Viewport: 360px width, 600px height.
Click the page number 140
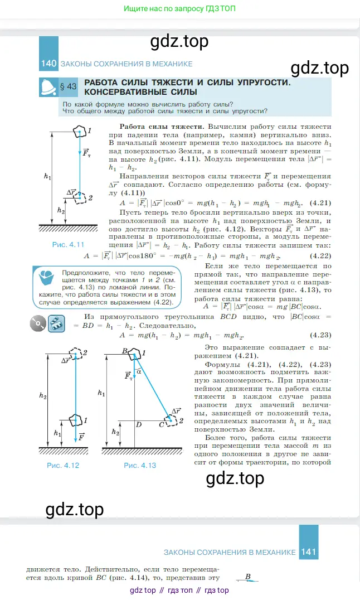pos(49,64)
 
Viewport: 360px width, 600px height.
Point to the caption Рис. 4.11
pos(68,244)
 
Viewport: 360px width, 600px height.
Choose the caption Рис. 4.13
pos(139,464)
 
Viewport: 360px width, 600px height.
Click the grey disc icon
pos(38,323)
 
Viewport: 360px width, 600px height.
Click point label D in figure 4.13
pos(139,425)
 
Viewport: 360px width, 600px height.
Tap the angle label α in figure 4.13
pos(139,371)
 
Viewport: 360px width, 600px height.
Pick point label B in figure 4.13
pos(125,351)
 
